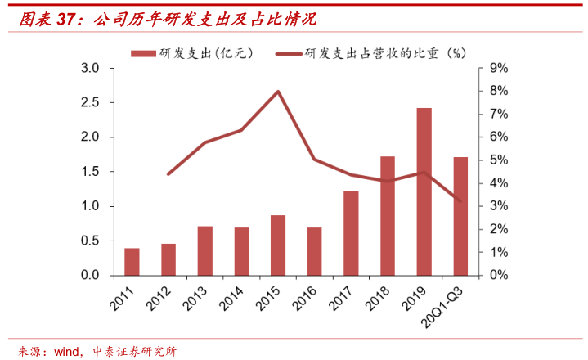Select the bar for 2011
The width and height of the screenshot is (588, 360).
(x=132, y=262)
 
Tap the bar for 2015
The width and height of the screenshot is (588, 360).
(x=278, y=245)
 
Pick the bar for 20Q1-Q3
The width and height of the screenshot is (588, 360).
(x=460, y=216)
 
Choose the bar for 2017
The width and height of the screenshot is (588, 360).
(x=351, y=233)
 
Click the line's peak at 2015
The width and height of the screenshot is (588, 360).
(x=278, y=92)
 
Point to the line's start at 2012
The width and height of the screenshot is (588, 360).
(x=168, y=174)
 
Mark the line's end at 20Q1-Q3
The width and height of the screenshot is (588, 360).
(x=460, y=201)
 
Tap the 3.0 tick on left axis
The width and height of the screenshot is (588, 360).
(x=91, y=68)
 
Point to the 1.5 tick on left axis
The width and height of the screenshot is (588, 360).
(x=91, y=172)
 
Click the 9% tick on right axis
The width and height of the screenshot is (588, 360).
(x=499, y=68)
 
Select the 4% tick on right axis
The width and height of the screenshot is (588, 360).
(x=499, y=183)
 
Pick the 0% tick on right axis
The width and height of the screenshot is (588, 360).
(x=499, y=276)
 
